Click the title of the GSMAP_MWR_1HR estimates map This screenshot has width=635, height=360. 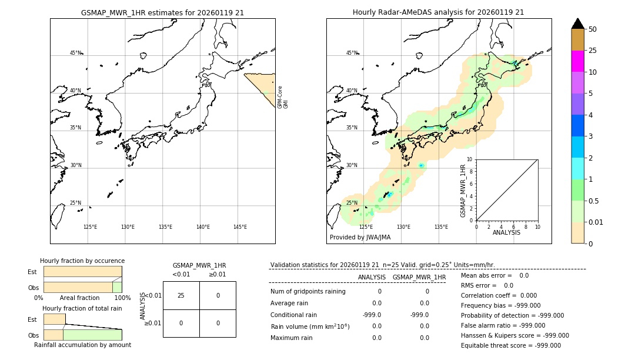[x=162, y=12]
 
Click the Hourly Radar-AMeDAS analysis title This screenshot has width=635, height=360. [x=438, y=12]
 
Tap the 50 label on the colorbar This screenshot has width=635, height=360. [x=593, y=29]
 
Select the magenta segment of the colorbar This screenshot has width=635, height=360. [x=577, y=61]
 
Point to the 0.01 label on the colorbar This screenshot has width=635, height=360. [x=596, y=222]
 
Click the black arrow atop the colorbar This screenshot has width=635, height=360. [x=578, y=24]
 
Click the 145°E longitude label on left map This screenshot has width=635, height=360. [x=240, y=227]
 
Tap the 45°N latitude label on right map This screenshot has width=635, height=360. [x=352, y=53]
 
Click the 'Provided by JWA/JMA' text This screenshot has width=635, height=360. [x=360, y=238]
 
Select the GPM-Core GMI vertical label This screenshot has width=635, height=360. [x=283, y=97]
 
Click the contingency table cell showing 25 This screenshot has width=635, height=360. [x=181, y=295]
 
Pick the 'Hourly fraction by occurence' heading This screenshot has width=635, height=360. [x=82, y=261]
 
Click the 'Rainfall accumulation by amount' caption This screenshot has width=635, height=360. [x=82, y=345]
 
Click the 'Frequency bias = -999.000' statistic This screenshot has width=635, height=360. [x=500, y=306]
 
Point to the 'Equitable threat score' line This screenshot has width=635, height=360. [x=510, y=346]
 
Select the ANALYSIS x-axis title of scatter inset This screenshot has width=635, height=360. [x=506, y=232]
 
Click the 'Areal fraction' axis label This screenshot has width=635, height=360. [x=79, y=298]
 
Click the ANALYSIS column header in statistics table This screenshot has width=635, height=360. [x=372, y=278]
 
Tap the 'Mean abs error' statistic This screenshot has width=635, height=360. [x=494, y=275]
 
